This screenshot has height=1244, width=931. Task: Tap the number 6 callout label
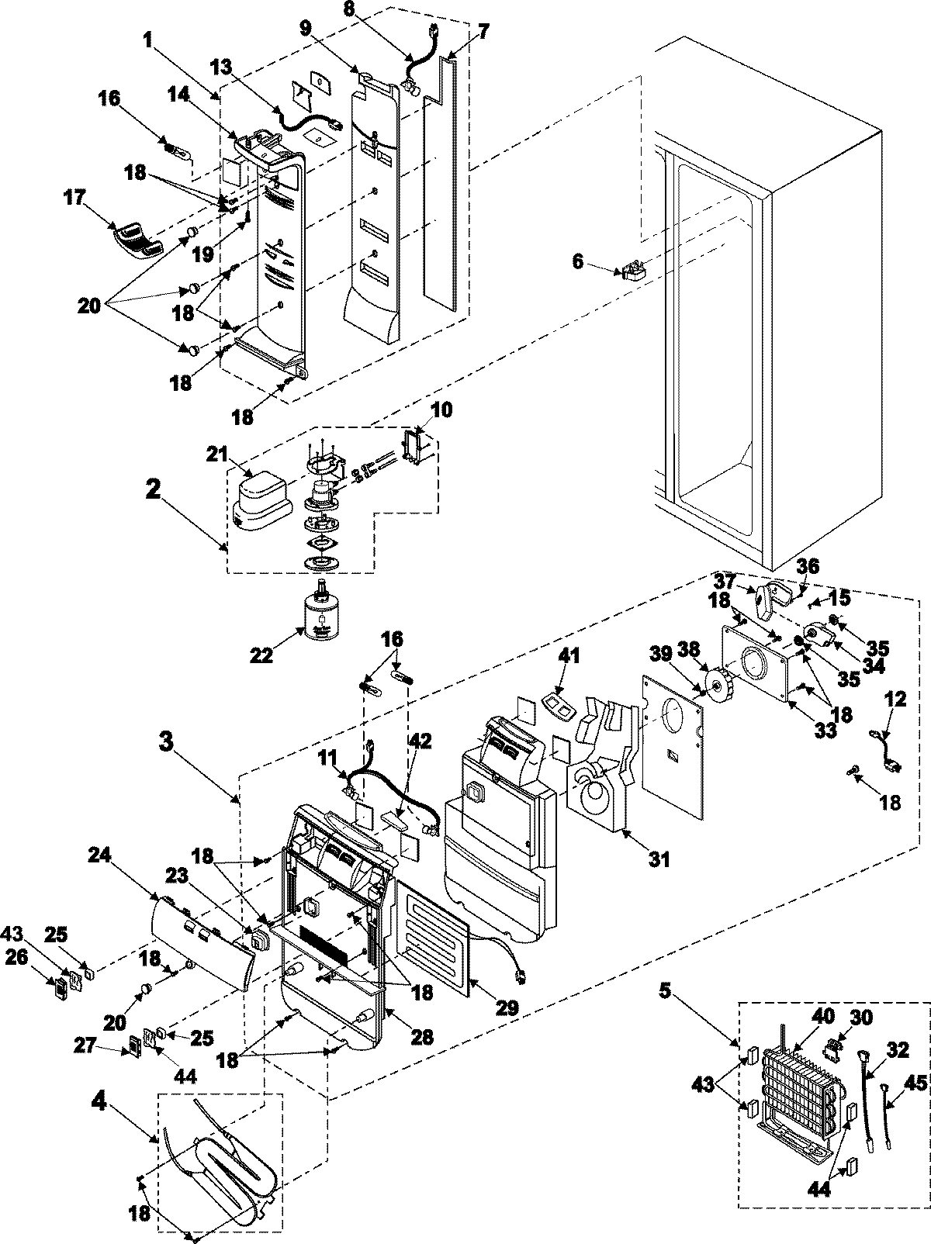coord(577,262)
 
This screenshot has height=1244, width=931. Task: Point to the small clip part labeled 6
coord(632,270)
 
